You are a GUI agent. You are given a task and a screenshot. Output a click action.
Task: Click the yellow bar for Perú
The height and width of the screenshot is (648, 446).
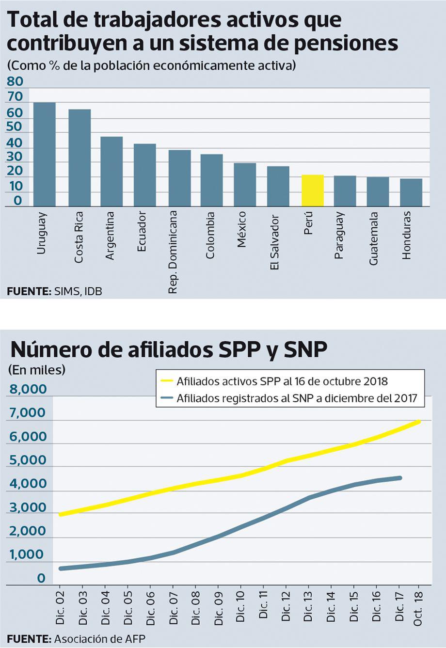click(312, 190)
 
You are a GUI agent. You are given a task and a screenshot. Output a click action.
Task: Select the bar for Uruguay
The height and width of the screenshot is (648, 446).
click(44, 154)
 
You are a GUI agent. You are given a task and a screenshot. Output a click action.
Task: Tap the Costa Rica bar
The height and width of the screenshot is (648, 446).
click(80, 158)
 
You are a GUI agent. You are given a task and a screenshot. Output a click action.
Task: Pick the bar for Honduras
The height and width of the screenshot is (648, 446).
click(411, 192)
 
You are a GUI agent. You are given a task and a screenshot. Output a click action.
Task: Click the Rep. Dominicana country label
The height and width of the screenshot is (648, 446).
click(173, 252)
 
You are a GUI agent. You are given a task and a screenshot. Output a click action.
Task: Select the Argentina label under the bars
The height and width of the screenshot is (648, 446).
click(110, 235)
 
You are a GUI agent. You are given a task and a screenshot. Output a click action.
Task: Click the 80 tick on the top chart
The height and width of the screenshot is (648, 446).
click(15, 81)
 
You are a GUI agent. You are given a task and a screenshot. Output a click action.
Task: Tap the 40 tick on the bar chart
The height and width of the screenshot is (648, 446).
click(15, 143)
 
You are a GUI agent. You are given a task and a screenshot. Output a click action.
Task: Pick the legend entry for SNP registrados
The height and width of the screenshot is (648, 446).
click(296, 398)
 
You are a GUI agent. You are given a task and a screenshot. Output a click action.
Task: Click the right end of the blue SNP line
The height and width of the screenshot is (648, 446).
click(400, 478)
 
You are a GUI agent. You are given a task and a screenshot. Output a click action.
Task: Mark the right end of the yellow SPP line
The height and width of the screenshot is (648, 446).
click(419, 422)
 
